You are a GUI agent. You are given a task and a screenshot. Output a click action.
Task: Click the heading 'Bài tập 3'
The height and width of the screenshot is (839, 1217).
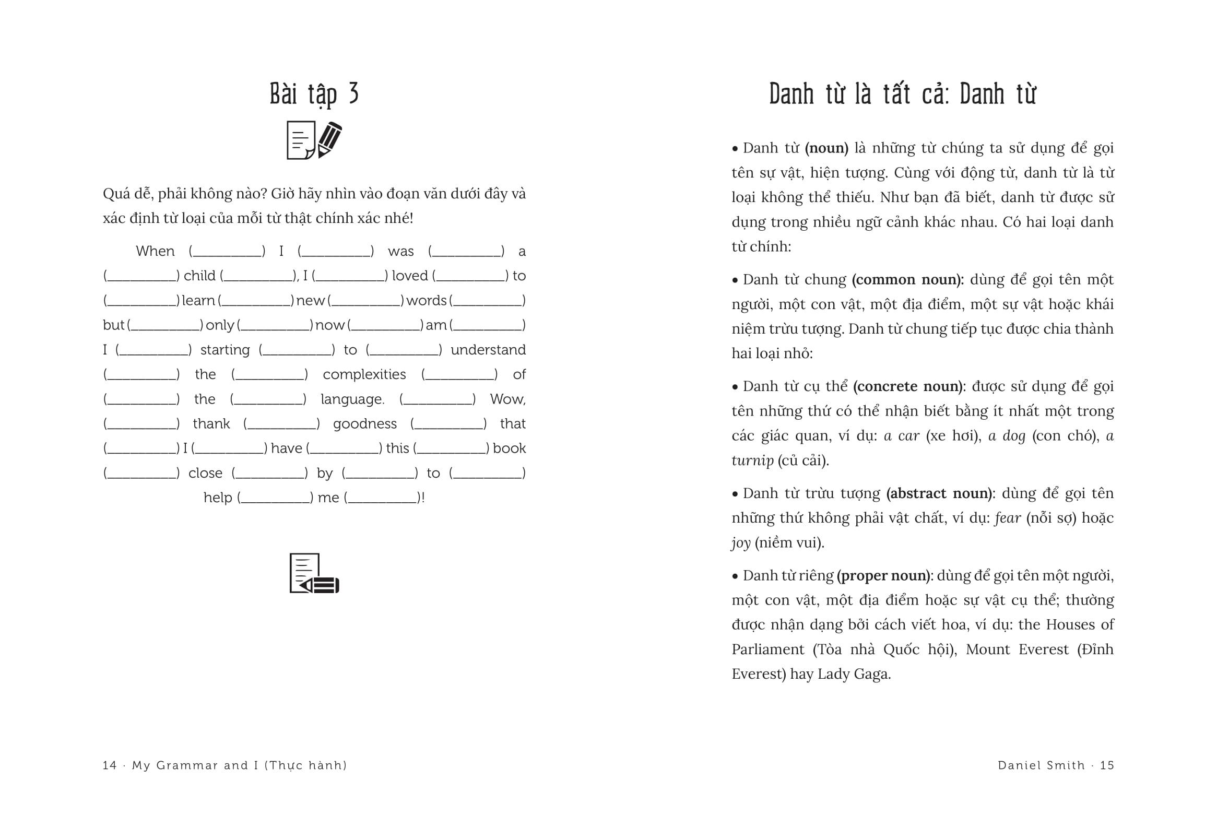(314, 94)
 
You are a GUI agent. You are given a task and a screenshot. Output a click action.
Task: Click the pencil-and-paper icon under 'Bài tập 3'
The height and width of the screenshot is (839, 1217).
(314, 140)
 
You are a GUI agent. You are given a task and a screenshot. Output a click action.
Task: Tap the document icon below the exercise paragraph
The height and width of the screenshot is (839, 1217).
(314, 574)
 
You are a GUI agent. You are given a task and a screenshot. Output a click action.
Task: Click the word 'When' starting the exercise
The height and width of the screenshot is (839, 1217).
(155, 251)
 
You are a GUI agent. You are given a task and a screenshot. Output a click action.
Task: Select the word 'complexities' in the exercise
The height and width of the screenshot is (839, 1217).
(364, 374)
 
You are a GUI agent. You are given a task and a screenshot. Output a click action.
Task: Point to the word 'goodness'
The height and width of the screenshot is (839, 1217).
(364, 424)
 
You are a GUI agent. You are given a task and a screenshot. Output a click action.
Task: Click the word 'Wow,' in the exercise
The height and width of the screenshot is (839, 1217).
(507, 399)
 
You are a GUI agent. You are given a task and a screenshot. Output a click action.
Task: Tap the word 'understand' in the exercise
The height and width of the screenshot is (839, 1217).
(488, 350)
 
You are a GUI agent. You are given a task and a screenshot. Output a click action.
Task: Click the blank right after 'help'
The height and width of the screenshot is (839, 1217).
(275, 498)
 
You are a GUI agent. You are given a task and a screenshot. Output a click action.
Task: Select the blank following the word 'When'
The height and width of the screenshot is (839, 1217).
(227, 252)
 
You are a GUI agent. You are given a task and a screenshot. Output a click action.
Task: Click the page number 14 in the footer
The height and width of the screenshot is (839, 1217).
(109, 765)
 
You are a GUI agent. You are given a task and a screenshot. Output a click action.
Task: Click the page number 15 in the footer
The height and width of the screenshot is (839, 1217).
(1107, 765)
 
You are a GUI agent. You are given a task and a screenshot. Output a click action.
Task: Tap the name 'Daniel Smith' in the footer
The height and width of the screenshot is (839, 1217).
(1041, 765)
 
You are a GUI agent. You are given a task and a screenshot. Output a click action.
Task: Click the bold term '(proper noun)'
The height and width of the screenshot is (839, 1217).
(884, 576)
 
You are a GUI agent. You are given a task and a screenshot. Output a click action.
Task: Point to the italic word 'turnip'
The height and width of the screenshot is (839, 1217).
(752, 460)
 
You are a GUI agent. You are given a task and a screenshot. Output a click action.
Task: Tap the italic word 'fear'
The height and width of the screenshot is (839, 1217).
(1007, 518)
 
